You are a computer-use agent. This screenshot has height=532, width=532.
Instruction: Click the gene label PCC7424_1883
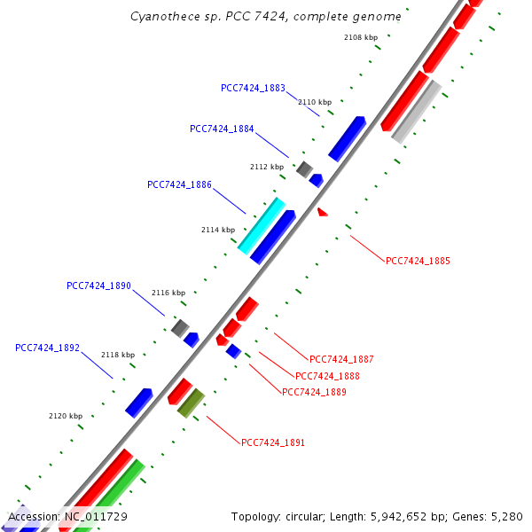pos(253,88)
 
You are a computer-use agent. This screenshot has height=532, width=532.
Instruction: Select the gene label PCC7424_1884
pos(222,129)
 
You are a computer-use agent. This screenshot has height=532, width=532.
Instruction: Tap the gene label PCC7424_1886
pos(179,184)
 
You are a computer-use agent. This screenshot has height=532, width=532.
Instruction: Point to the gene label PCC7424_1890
pos(98,286)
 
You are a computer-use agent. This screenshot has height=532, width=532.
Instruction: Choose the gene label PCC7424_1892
pos(47,348)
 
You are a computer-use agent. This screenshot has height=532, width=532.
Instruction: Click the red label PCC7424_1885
pos(418,261)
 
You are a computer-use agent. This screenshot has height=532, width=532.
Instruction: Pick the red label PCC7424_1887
pos(341,359)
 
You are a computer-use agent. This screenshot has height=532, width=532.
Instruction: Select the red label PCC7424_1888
pos(327,376)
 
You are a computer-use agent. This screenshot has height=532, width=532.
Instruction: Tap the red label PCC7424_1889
pos(314,391)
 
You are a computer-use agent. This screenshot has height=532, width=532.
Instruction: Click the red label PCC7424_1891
pos(273,442)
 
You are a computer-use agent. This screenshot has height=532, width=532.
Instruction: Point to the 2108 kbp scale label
pos(361,37)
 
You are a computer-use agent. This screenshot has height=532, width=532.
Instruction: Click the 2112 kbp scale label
pos(267,167)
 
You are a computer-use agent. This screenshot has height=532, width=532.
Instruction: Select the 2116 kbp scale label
pos(168,293)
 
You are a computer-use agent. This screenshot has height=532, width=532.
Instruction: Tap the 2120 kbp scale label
pos(65,416)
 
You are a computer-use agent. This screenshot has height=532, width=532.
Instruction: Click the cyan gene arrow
pos(262,225)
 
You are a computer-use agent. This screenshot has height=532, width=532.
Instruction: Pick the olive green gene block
pos(191,403)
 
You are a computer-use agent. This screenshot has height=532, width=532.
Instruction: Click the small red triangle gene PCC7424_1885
pos(322,212)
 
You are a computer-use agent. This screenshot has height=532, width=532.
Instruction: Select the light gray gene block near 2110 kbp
pos(416,112)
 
